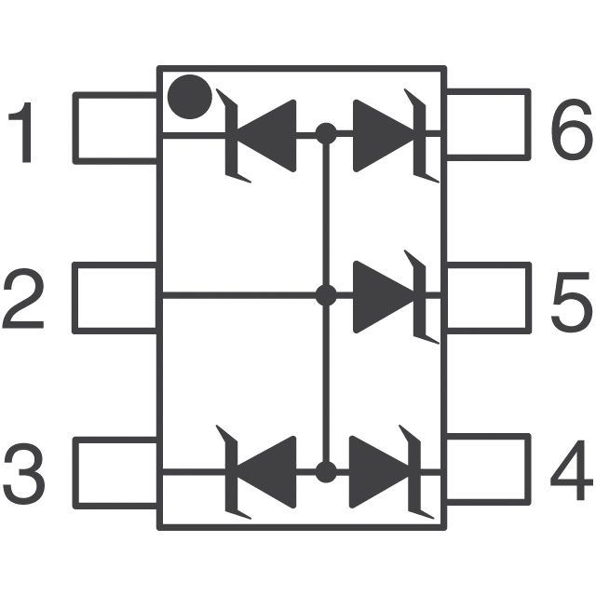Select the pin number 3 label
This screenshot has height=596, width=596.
(23, 473)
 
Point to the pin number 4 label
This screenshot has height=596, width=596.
(570, 473)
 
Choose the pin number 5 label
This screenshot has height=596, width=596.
(570, 301)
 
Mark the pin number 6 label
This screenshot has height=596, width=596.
(570, 129)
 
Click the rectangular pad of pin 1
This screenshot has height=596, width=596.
(115, 128)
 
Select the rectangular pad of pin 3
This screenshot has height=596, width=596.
(115, 471)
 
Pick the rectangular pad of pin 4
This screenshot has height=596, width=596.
(488, 471)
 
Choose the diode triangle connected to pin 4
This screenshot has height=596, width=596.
(381, 472)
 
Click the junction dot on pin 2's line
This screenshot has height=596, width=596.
(325, 296)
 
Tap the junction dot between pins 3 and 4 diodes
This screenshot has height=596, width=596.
(325, 472)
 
